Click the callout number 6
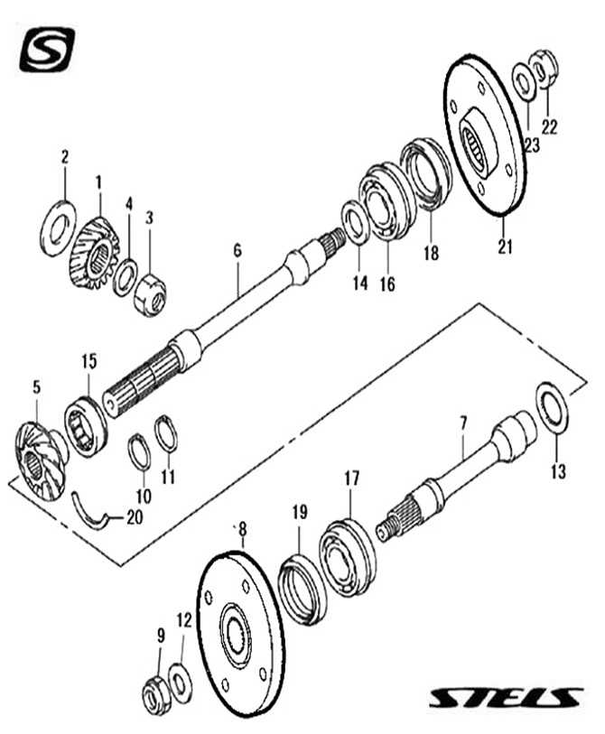click(x=237, y=250)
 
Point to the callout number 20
click(x=135, y=517)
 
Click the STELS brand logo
click(x=505, y=698)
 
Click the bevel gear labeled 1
click(x=92, y=249)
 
